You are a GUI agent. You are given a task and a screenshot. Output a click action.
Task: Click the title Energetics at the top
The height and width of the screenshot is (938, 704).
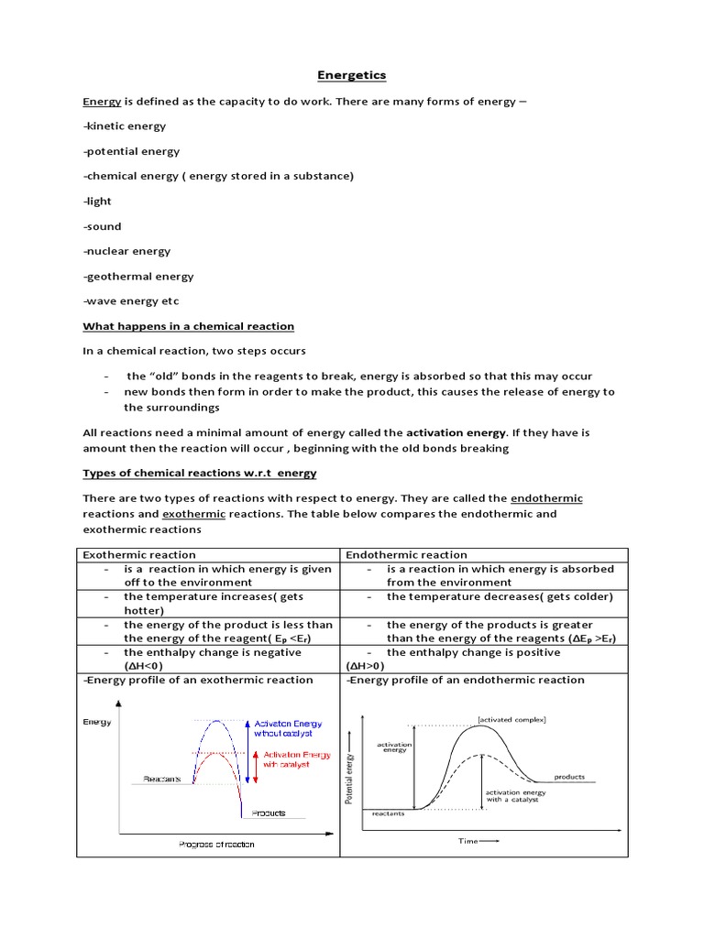click(351, 76)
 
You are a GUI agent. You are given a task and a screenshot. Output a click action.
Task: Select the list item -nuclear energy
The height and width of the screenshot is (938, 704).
click(126, 251)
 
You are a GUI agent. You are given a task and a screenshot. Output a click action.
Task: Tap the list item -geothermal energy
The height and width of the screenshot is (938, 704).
click(137, 276)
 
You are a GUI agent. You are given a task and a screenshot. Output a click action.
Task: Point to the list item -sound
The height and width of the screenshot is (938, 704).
click(102, 226)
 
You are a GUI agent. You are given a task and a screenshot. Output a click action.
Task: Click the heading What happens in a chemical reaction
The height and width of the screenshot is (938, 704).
click(189, 326)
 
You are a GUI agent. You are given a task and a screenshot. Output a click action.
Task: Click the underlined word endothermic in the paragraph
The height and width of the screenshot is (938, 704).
click(546, 497)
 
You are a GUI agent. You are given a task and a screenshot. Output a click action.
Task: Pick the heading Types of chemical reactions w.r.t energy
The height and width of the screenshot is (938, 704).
click(200, 473)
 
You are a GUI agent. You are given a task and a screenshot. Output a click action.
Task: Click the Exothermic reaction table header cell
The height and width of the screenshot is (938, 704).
click(139, 554)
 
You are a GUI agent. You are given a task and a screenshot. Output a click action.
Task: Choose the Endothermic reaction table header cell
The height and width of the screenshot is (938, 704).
click(406, 554)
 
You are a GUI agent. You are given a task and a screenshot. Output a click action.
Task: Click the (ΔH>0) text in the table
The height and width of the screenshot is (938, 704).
click(366, 666)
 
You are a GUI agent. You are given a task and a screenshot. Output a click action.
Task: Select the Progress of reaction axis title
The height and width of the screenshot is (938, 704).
click(216, 844)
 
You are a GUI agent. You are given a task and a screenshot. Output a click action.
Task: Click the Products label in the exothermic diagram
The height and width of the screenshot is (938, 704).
click(268, 813)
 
